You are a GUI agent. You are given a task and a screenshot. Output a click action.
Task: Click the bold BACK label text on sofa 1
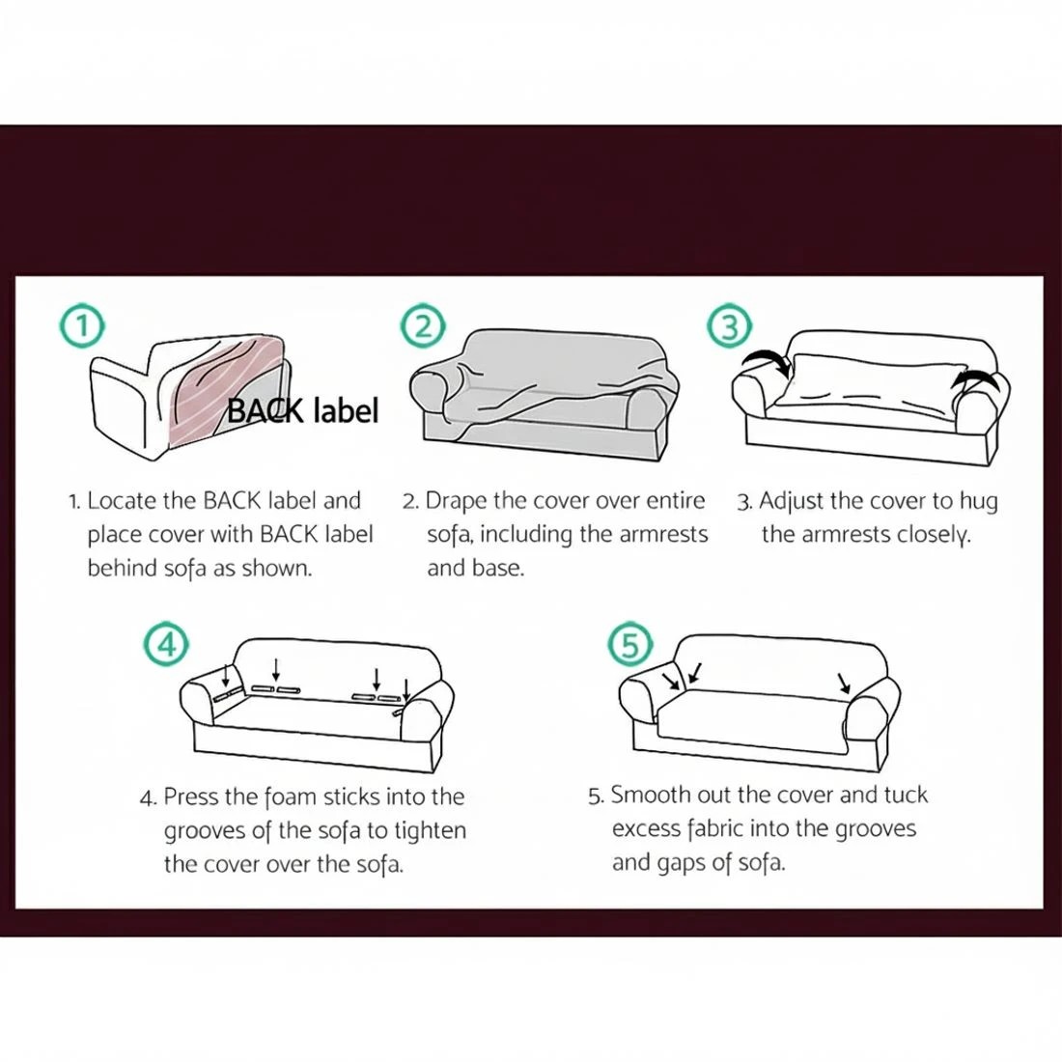(303, 410)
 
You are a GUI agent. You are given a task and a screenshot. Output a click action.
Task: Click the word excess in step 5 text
(645, 829)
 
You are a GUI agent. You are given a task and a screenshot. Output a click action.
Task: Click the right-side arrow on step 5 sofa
(844, 683)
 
